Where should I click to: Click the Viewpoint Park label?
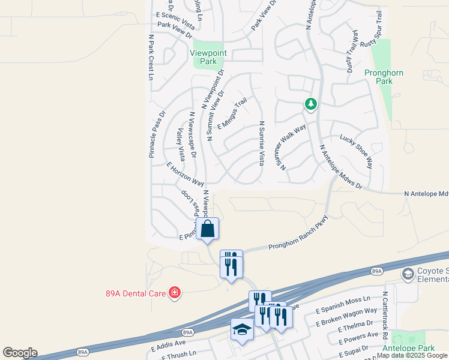tap(203, 57)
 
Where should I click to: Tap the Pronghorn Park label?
tap(378, 77)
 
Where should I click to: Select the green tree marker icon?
tap(310, 105)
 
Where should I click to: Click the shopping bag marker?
tap(207, 229)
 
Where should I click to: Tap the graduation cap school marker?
tap(242, 329)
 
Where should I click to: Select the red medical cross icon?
tap(175, 292)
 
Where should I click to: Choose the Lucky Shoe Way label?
tap(355, 150)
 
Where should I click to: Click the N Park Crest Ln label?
tap(151, 57)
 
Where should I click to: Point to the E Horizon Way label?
tap(185, 174)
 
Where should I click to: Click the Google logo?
tap(20, 353)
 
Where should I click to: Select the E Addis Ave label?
tap(169, 347)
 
